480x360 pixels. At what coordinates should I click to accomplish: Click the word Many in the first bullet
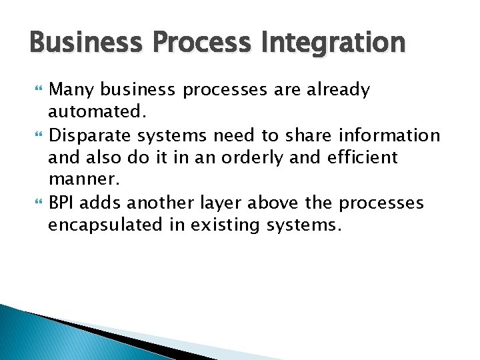71,90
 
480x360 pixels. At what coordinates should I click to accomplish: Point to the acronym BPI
63,203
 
